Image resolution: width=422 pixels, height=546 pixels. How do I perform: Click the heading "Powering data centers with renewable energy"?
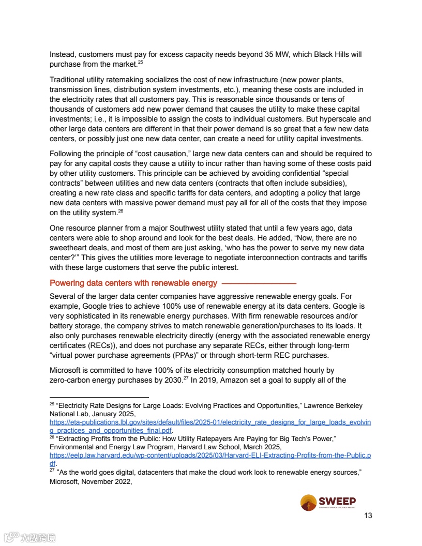point(133,283)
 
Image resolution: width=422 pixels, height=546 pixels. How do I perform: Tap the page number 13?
point(368,515)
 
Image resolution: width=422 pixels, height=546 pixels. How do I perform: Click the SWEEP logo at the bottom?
point(328,502)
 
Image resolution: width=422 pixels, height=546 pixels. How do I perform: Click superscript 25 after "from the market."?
point(140,63)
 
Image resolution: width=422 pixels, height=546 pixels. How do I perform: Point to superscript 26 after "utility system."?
point(120,211)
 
